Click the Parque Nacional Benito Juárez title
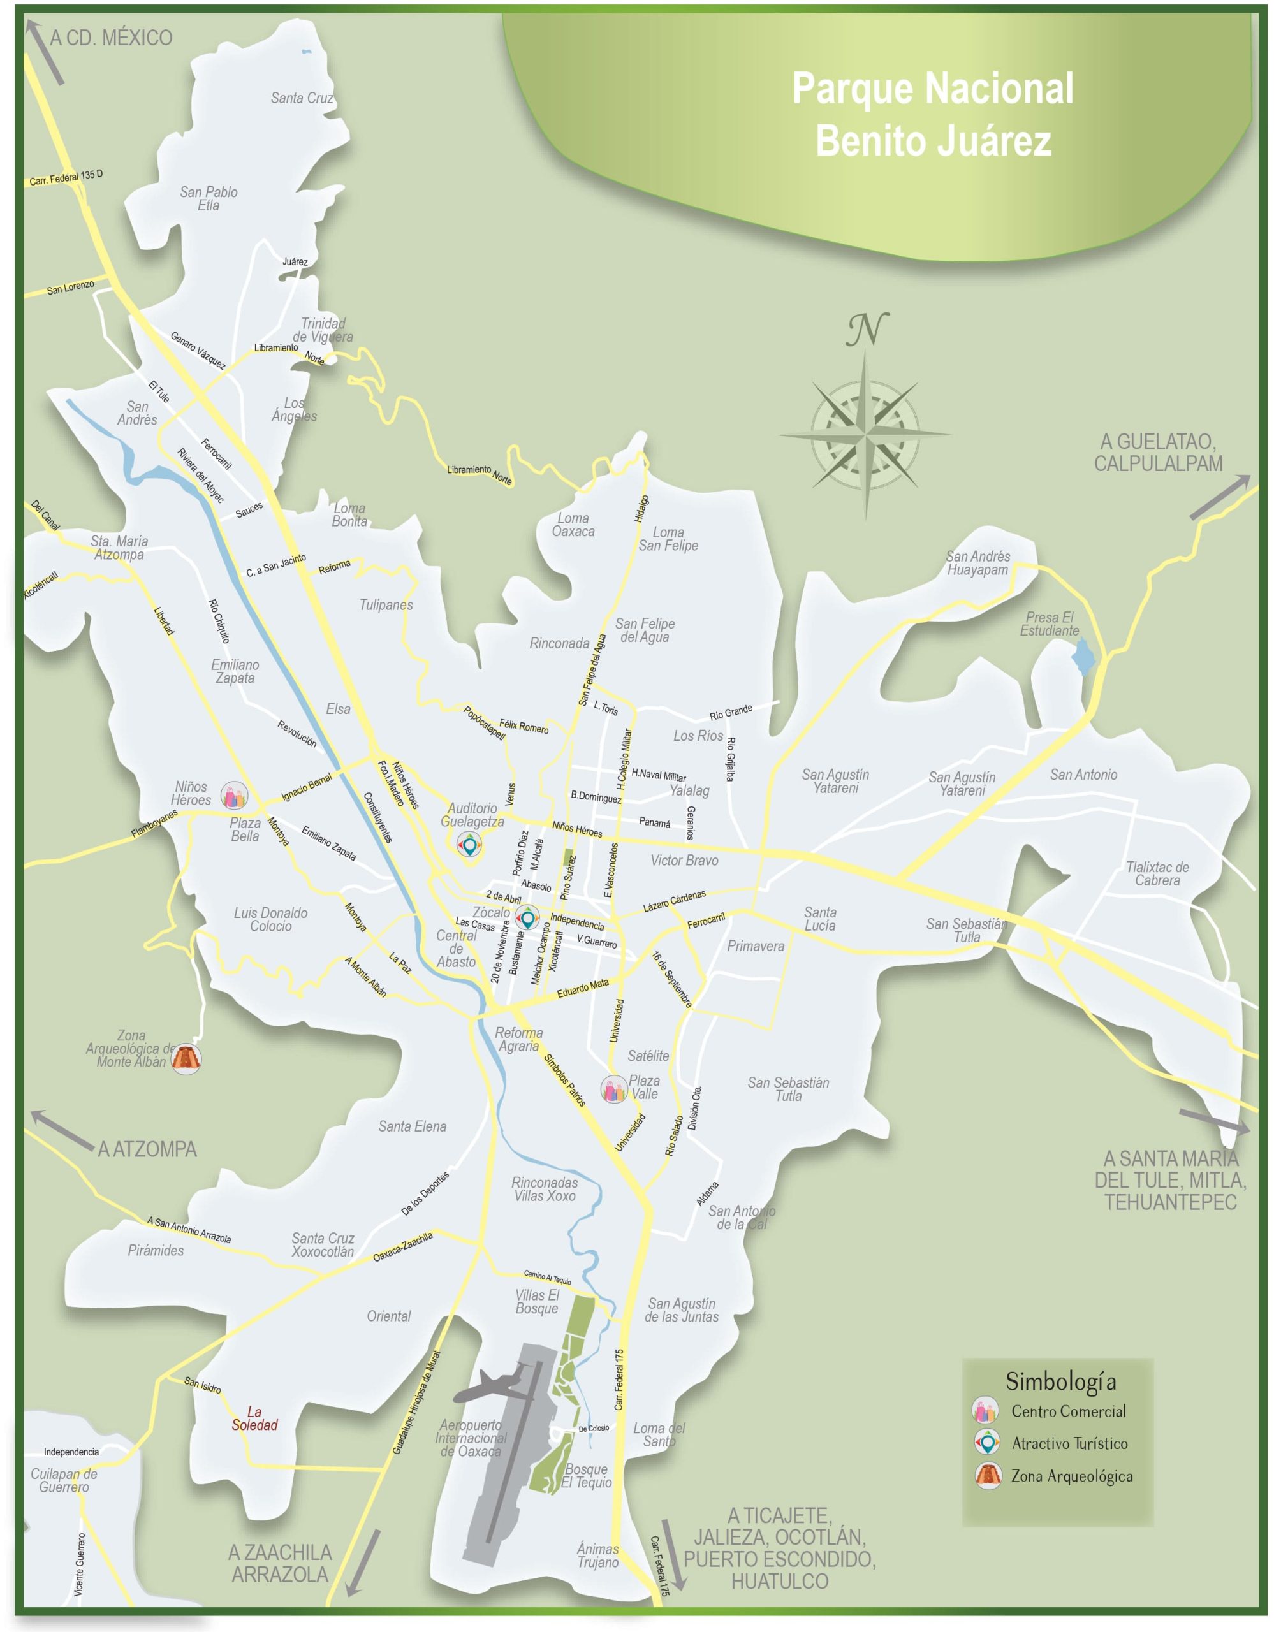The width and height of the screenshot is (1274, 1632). [932, 114]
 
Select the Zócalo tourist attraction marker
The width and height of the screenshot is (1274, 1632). [527, 917]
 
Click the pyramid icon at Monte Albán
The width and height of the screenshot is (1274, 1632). [186, 1059]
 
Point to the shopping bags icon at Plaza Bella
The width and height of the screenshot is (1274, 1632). [234, 796]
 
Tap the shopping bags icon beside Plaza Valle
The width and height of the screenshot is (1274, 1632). [613, 1089]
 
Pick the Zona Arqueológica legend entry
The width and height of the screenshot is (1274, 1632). [1071, 1476]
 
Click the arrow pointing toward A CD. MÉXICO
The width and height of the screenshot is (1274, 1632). [47, 51]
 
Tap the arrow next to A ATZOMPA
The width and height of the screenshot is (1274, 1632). [61, 1128]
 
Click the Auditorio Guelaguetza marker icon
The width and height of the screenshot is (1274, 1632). [469, 845]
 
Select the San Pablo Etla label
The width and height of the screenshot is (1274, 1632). [209, 198]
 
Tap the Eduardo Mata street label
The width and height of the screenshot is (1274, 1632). [583, 989]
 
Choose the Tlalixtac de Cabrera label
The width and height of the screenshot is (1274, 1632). [1157, 873]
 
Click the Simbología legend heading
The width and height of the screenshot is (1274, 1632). [1060, 1381]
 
